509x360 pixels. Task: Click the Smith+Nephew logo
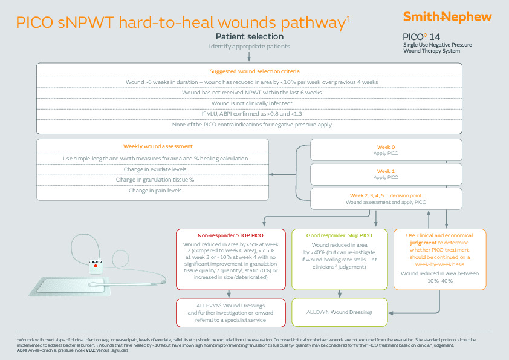(448, 17)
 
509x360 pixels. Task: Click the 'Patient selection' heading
(250, 36)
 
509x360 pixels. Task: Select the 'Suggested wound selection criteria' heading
(250, 71)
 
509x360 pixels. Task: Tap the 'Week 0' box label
(386, 147)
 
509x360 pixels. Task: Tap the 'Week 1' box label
(386, 171)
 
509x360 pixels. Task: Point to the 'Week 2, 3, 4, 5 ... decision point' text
(386, 195)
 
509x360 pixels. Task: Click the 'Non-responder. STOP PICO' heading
(230, 234)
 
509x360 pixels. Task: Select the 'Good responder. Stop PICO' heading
(340, 234)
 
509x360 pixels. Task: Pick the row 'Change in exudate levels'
(152, 169)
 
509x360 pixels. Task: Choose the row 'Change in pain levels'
(152, 190)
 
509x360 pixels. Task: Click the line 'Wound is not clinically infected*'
(250, 103)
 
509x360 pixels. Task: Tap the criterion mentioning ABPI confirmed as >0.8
(250, 114)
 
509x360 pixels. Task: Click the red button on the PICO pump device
(94, 265)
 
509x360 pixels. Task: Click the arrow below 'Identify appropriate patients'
(250, 57)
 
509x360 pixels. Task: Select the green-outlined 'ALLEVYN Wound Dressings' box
(340, 312)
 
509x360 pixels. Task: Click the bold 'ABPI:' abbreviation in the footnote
(22, 350)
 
